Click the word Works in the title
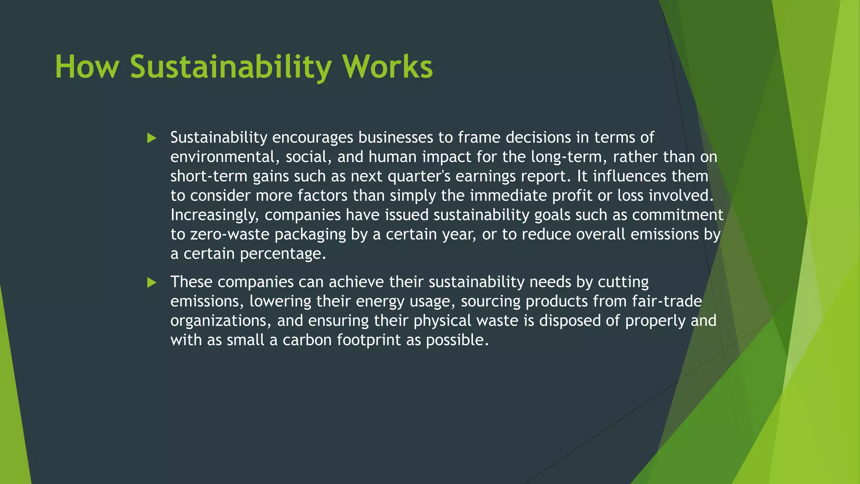coord(387,67)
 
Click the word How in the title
coord(87,67)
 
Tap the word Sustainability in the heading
coord(231,67)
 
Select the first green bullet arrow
coord(152,138)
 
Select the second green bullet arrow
coord(152,283)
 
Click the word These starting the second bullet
coord(191,282)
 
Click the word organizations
coord(221,321)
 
